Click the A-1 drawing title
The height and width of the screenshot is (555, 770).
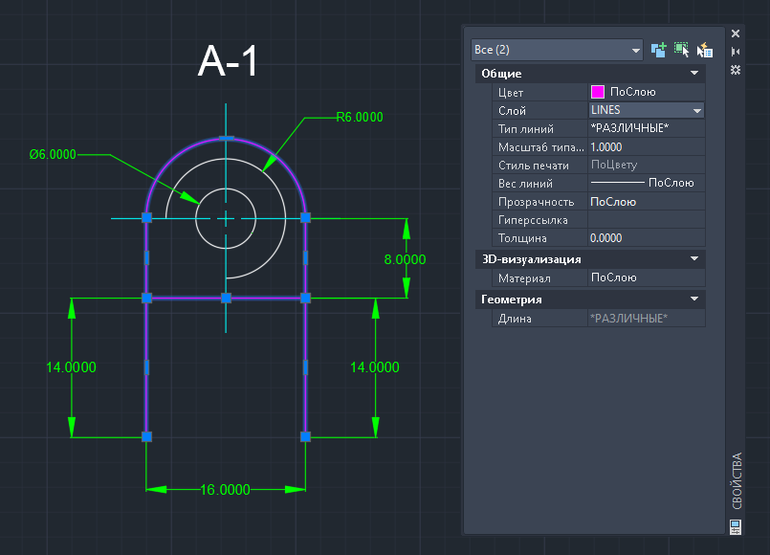[228, 61]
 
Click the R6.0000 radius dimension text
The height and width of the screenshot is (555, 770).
[360, 117]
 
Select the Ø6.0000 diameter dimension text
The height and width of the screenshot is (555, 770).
[53, 154]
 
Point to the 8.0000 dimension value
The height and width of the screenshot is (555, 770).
[405, 259]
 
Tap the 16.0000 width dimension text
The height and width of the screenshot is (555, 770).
[226, 490]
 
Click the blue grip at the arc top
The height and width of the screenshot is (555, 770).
[226, 139]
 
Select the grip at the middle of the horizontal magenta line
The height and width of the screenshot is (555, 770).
[226, 298]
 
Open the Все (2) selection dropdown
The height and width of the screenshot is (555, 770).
[557, 50]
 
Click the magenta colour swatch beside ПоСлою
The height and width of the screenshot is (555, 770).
[598, 92]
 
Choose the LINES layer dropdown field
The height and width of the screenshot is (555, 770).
[647, 110]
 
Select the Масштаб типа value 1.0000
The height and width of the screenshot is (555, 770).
[606, 146]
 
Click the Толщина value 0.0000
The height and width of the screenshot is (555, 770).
[606, 238]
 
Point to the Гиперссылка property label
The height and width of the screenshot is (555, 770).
[533, 220]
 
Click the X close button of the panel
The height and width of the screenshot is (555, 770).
[736, 33]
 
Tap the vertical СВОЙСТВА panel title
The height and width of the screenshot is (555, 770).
[737, 480]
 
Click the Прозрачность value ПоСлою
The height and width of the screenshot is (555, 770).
[613, 202]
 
